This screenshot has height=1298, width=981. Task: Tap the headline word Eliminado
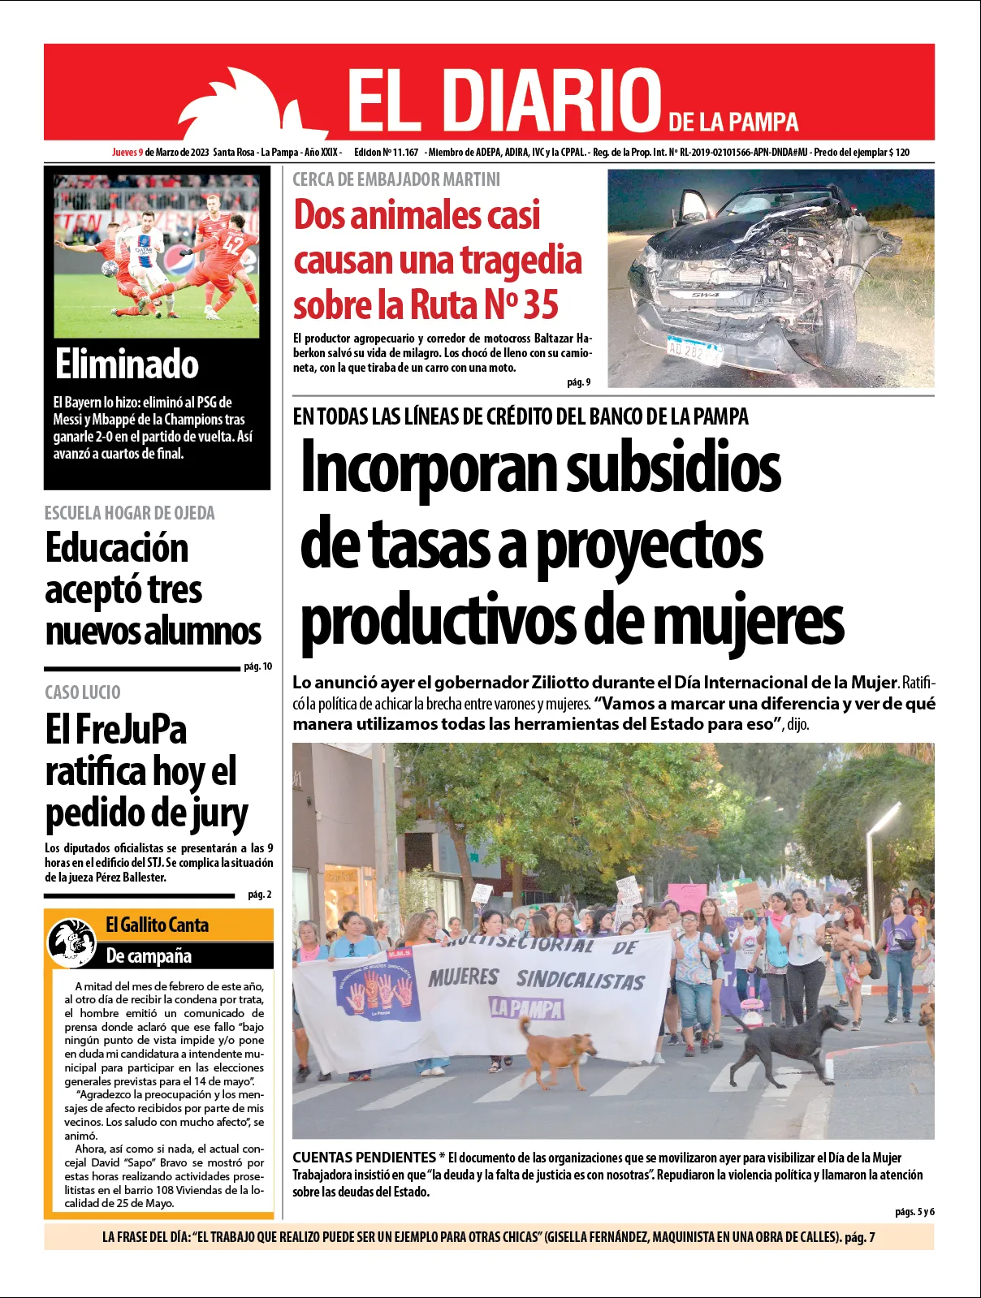(127, 364)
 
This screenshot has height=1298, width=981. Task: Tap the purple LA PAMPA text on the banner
(526, 1008)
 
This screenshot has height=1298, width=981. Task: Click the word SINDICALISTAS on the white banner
(580, 980)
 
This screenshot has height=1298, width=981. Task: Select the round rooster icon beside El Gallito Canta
(72, 942)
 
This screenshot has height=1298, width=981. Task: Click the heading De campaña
(149, 955)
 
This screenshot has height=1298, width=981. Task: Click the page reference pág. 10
(258, 666)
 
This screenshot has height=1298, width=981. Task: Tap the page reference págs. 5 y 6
(914, 1212)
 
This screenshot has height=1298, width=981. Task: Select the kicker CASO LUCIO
(83, 692)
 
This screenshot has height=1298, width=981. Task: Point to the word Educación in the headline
(117, 548)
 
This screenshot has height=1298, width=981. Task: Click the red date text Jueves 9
(127, 153)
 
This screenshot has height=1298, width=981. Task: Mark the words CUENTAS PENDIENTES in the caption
(364, 1158)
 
